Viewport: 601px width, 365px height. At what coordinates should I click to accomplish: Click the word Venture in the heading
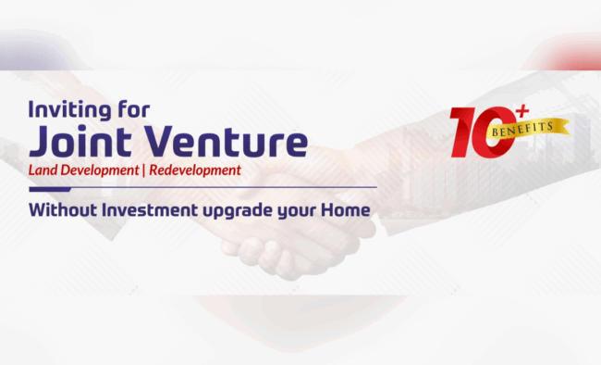[x=230, y=143]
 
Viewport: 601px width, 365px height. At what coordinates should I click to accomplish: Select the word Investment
[x=148, y=210]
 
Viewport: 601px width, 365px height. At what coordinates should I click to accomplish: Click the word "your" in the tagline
[x=296, y=211]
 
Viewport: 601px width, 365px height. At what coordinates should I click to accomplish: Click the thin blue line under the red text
[x=202, y=187]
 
